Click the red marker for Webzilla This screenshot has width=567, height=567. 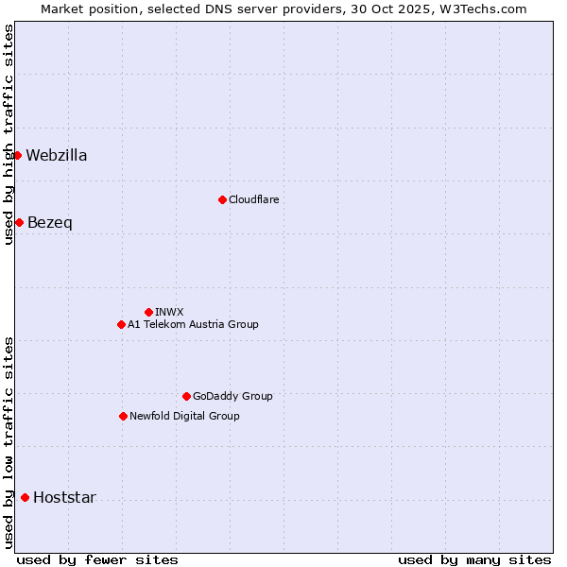point(17,155)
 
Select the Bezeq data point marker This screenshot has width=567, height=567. point(19,222)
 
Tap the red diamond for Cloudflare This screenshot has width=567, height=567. point(222,199)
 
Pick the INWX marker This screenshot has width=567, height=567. point(148,312)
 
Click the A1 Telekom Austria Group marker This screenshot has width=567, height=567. point(121,324)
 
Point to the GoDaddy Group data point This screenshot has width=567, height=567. point(186,396)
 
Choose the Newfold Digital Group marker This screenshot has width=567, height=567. point(123,416)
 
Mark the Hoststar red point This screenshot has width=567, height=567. point(25,497)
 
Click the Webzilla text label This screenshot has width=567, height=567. point(57,156)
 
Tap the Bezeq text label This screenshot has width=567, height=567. point(49,223)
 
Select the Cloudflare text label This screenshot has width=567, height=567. point(253,200)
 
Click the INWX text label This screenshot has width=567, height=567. point(169,312)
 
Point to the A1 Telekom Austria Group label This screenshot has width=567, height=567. point(193,325)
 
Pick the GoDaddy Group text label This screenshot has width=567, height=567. point(232,397)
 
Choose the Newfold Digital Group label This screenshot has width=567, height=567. point(184,417)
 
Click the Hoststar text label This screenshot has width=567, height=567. point(64,498)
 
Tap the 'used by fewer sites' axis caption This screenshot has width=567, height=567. point(97,559)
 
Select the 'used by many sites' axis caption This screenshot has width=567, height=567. point(474,559)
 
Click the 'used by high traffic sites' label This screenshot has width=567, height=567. point(9,135)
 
